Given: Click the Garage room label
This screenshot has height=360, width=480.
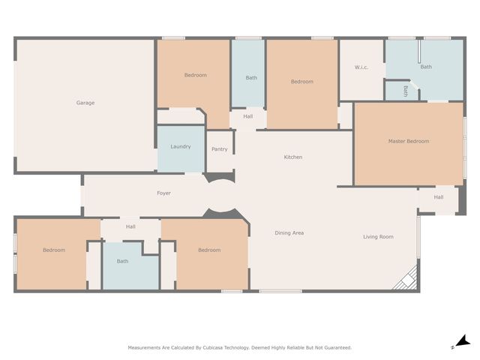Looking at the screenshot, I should tap(85, 103).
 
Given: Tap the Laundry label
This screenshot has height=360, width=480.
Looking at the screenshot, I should tap(181, 147).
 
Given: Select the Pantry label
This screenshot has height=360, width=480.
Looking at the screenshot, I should tap(220, 149).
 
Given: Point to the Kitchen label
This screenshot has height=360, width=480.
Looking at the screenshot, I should tap(292, 157).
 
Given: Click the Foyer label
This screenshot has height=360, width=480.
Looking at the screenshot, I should tap(163, 193).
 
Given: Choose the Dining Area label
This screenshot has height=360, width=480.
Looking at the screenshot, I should tap(289, 233).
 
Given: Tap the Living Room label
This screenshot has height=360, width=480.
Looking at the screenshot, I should tap(378, 237).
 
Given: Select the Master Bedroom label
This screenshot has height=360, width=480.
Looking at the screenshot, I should tap(408, 141).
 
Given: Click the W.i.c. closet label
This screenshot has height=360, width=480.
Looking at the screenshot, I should tap(361, 68).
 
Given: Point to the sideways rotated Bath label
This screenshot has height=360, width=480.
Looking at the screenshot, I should tap(406, 91).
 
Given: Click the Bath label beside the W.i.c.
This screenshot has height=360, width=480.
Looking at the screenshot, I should tap(426, 67).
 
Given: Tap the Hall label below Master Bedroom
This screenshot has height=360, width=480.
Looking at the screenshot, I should tap(439, 197).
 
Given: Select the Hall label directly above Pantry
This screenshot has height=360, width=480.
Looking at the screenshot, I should tap(247, 116).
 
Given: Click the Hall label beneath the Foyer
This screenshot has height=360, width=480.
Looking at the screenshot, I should tap(130, 226).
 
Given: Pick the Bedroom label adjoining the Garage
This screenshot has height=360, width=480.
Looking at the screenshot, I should tap(196, 75).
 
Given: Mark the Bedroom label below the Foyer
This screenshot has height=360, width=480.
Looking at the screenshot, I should tap(209, 250).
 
